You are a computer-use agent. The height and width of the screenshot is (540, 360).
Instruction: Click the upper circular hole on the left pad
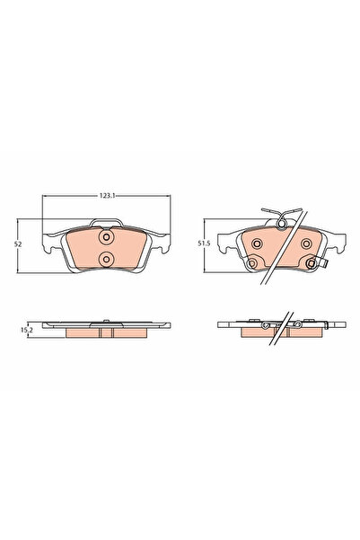pyautogui.click(x=106, y=239)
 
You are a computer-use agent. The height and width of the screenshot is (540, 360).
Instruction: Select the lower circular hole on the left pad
pyautogui.click(x=106, y=260)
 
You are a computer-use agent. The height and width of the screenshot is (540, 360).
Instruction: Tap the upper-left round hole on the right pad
pyautogui.click(x=258, y=243)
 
